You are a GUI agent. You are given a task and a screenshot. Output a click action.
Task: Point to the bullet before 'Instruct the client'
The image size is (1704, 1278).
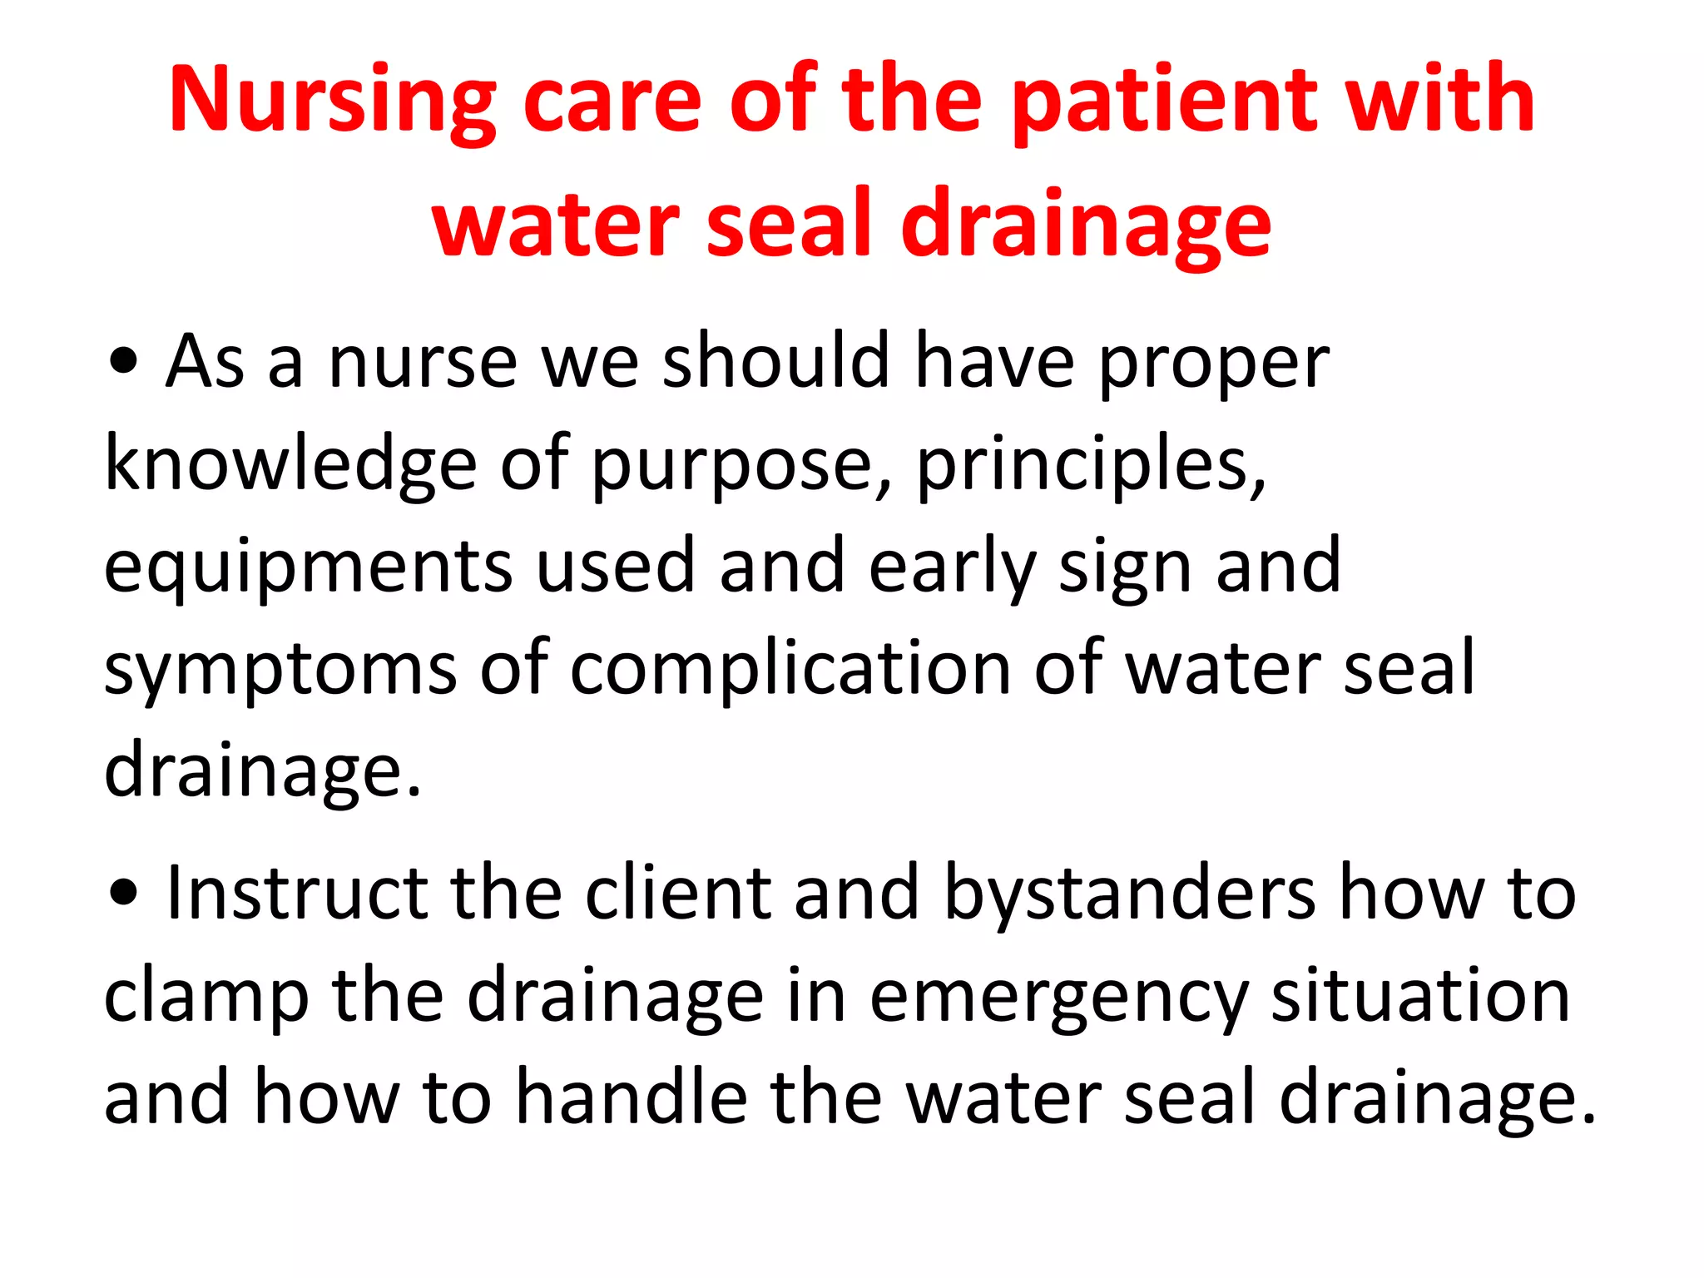[123, 894]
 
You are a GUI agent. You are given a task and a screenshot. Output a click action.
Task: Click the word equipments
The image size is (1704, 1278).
[308, 569]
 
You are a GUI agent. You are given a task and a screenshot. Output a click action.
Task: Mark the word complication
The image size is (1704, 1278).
[790, 671]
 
